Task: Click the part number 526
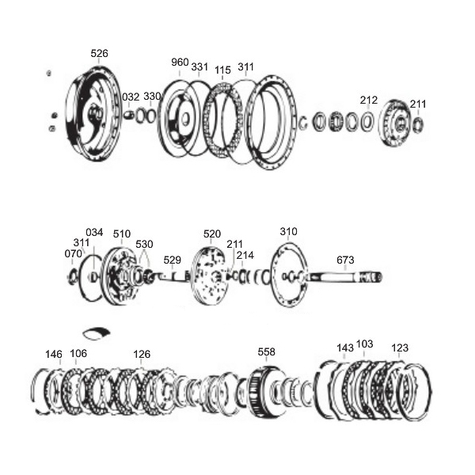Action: click(x=99, y=54)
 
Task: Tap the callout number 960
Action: click(x=180, y=63)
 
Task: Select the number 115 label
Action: click(x=222, y=70)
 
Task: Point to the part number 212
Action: click(x=368, y=101)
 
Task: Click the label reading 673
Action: click(x=345, y=260)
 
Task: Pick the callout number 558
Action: click(x=266, y=351)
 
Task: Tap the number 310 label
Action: click(x=288, y=232)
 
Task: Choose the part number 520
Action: click(x=212, y=234)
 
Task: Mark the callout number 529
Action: click(x=172, y=260)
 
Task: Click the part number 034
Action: click(x=94, y=233)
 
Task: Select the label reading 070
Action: click(x=73, y=254)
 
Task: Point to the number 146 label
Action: click(x=54, y=354)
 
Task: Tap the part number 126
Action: click(x=142, y=354)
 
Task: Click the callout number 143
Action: click(x=345, y=348)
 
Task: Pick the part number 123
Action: click(x=400, y=348)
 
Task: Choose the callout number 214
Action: click(x=245, y=256)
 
